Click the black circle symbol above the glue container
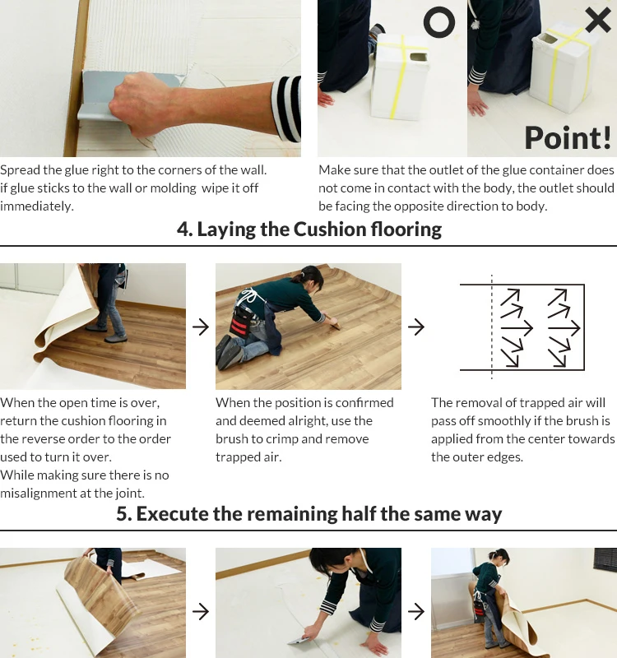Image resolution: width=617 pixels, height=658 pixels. [x=439, y=10]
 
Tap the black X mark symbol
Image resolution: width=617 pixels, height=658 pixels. [x=598, y=20]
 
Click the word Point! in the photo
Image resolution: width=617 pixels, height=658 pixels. [x=568, y=137]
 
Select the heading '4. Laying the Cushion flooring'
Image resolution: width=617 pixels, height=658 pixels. [x=309, y=229]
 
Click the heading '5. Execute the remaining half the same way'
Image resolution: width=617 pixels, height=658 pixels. [x=309, y=513]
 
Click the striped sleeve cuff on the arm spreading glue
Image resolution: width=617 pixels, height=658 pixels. [x=286, y=109]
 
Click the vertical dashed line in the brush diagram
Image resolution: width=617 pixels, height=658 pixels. [x=491, y=327]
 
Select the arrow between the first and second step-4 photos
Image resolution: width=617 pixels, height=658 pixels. [x=201, y=327]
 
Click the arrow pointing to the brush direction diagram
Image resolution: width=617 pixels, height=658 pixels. [x=416, y=327]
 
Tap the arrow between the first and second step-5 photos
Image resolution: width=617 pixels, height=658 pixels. [x=201, y=611]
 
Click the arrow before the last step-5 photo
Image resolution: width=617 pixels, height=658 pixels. [x=416, y=611]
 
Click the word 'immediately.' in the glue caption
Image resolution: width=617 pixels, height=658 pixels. [x=36, y=206]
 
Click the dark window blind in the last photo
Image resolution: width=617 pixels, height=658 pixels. [x=605, y=559]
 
